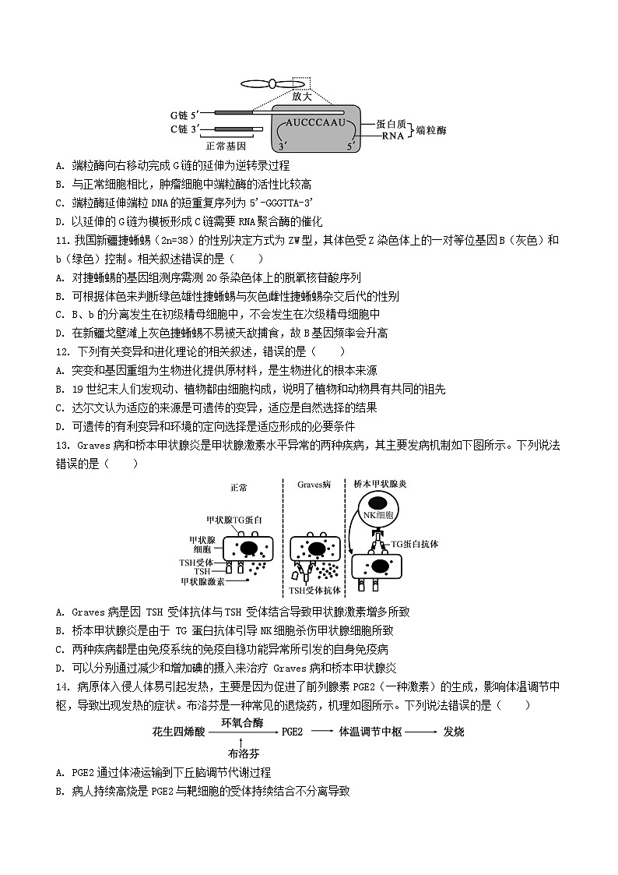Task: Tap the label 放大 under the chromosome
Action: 302,97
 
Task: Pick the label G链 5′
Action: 184,115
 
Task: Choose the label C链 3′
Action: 185,129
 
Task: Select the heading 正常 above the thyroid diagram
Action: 238,488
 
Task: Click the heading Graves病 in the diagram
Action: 314,485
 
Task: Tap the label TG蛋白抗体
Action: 414,545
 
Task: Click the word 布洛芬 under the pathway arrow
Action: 243,754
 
